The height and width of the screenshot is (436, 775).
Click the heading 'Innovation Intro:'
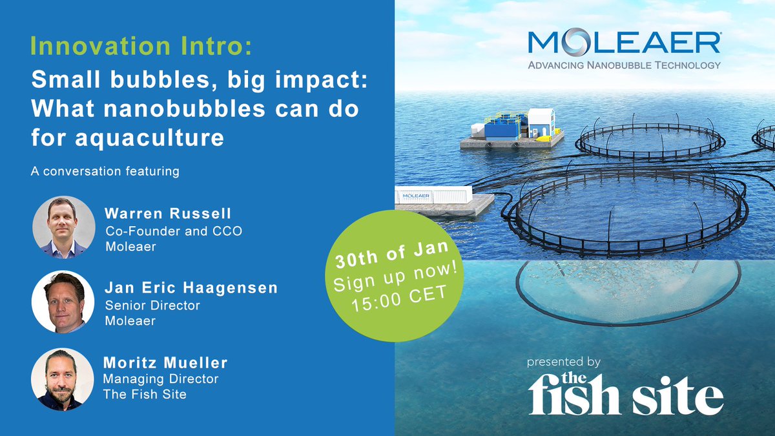pyautogui.click(x=141, y=47)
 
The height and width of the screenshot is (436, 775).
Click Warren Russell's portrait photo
pyautogui.click(x=63, y=227)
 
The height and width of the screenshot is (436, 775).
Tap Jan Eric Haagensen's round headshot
pyautogui.click(x=63, y=302)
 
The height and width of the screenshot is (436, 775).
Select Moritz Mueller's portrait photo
pyautogui.click(x=63, y=379)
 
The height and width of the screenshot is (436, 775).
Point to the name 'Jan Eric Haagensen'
pyautogui.click(x=191, y=288)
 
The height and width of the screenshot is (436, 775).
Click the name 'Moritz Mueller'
pyautogui.click(x=165, y=364)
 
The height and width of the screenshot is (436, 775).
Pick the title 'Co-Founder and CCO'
pyautogui.click(x=173, y=231)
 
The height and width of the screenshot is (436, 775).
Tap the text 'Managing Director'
pyautogui.click(x=161, y=379)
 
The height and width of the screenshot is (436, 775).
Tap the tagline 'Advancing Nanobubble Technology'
pyautogui.click(x=624, y=65)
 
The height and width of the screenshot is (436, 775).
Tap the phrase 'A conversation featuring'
pyautogui.click(x=104, y=172)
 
